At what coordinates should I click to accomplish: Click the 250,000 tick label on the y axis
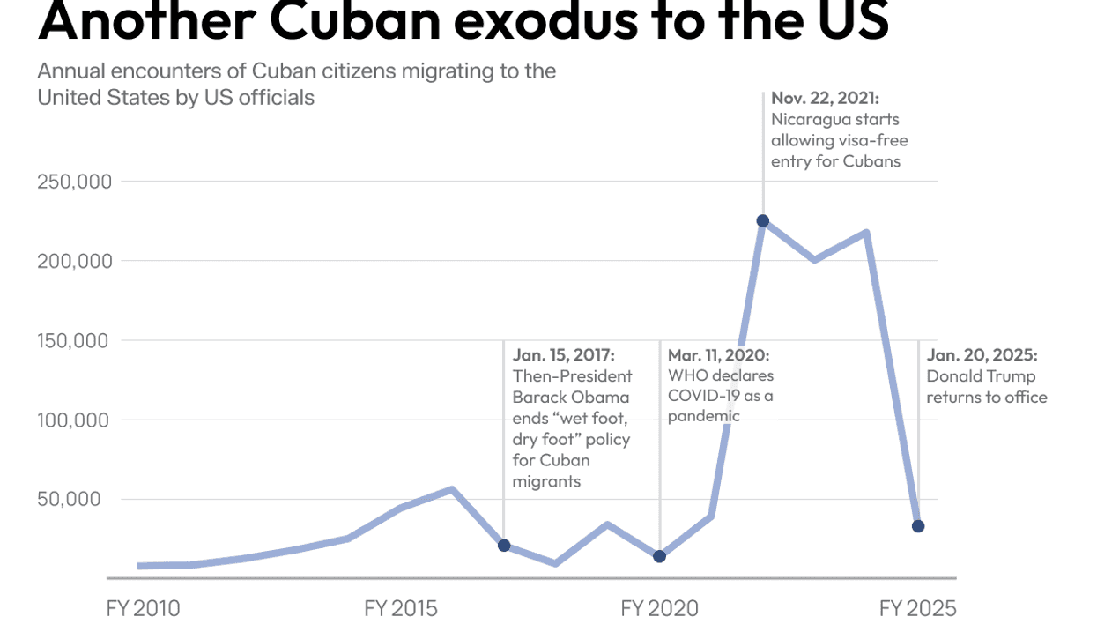tap(74, 182)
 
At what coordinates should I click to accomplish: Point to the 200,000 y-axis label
tap(74, 261)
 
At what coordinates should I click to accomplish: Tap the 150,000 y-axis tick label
tap(74, 340)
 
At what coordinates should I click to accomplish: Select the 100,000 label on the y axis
tap(74, 420)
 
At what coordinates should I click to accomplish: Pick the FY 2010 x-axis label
tap(143, 607)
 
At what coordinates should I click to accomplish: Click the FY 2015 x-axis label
tap(401, 607)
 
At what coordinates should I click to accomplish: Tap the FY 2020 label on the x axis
tap(659, 607)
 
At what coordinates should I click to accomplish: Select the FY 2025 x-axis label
tap(917, 607)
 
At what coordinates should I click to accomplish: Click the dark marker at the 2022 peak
tap(763, 220)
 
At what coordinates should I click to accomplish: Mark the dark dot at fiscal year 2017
tap(504, 546)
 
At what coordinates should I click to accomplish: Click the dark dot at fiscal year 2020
tap(660, 556)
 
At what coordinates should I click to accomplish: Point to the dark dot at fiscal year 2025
tap(918, 526)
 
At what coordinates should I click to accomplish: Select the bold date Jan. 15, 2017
tap(564, 355)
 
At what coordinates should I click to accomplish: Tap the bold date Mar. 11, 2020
tap(719, 355)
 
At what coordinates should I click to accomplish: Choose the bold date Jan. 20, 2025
tap(982, 355)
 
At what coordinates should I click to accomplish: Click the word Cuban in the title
tap(345, 21)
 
